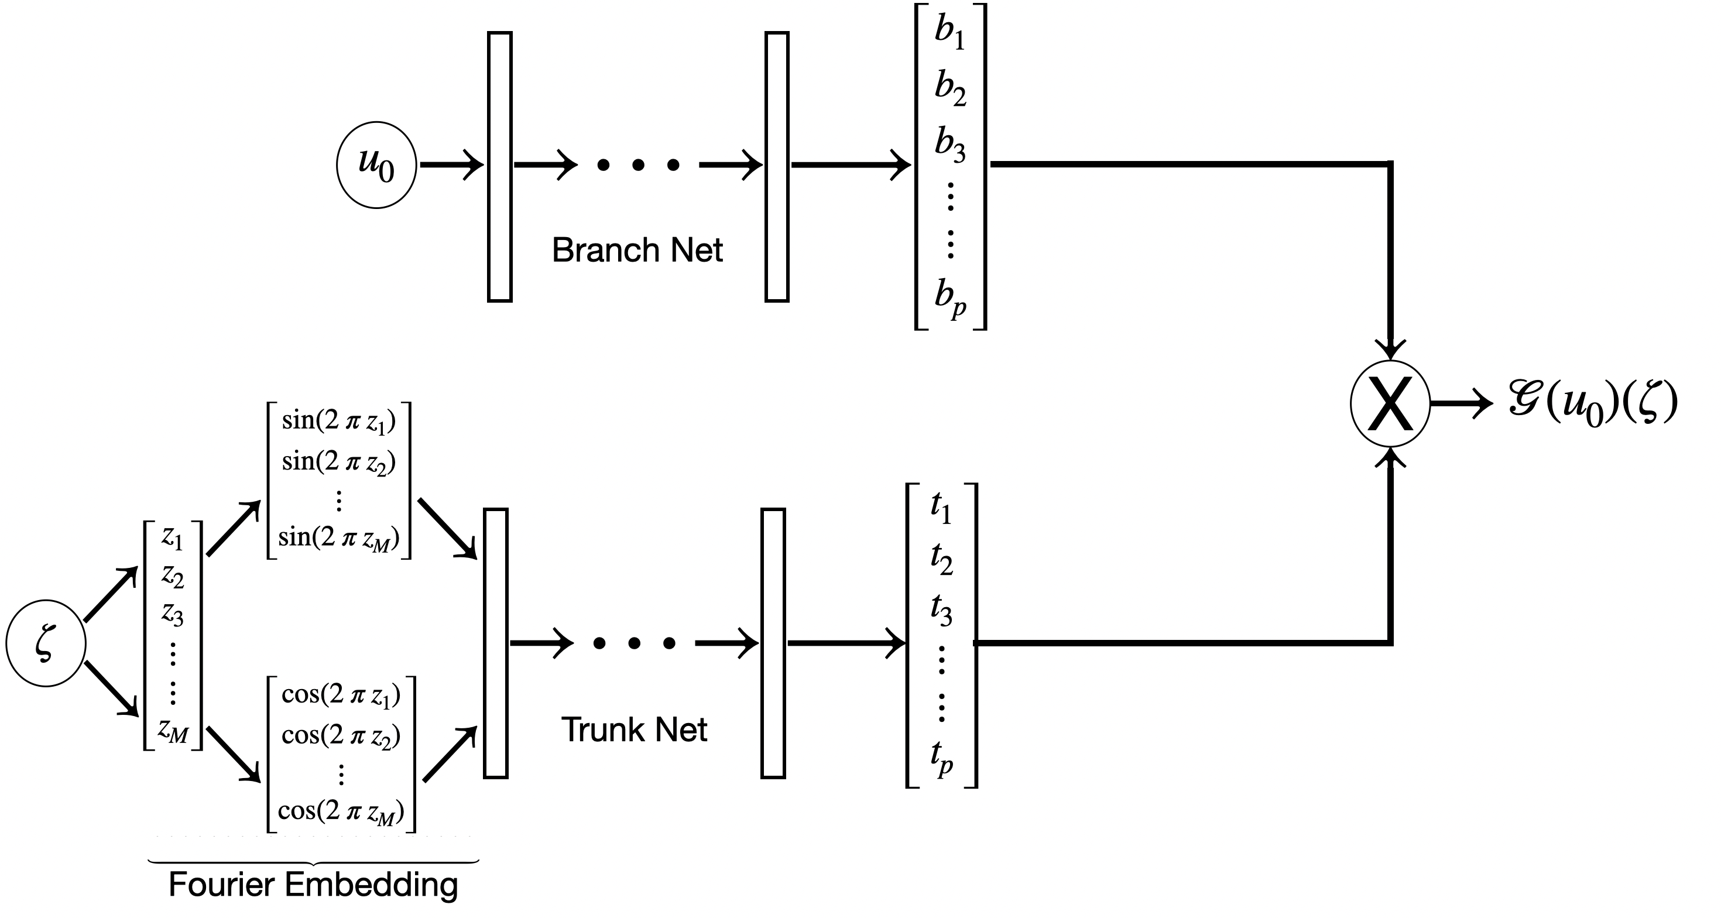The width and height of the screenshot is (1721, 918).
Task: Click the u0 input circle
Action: tap(376, 165)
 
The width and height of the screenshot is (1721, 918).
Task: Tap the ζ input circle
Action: tap(46, 643)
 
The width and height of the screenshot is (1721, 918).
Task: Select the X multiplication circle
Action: tap(1390, 403)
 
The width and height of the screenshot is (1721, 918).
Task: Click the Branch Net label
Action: tap(637, 251)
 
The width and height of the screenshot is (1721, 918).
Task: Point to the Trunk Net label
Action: tap(633, 729)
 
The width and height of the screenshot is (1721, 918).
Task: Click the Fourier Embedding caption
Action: tap(313, 885)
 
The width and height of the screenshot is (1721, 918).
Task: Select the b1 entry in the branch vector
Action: tap(950, 32)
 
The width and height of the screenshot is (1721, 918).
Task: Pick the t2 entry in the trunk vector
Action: tap(941, 559)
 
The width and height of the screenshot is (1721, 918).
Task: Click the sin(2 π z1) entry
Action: tap(339, 421)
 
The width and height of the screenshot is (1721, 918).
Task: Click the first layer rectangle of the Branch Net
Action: tap(500, 167)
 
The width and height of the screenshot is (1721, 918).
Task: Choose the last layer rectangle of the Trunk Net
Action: tap(773, 643)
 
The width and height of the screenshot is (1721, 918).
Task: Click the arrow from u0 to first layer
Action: tap(451, 165)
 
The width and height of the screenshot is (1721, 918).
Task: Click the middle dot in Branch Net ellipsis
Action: tap(638, 165)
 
